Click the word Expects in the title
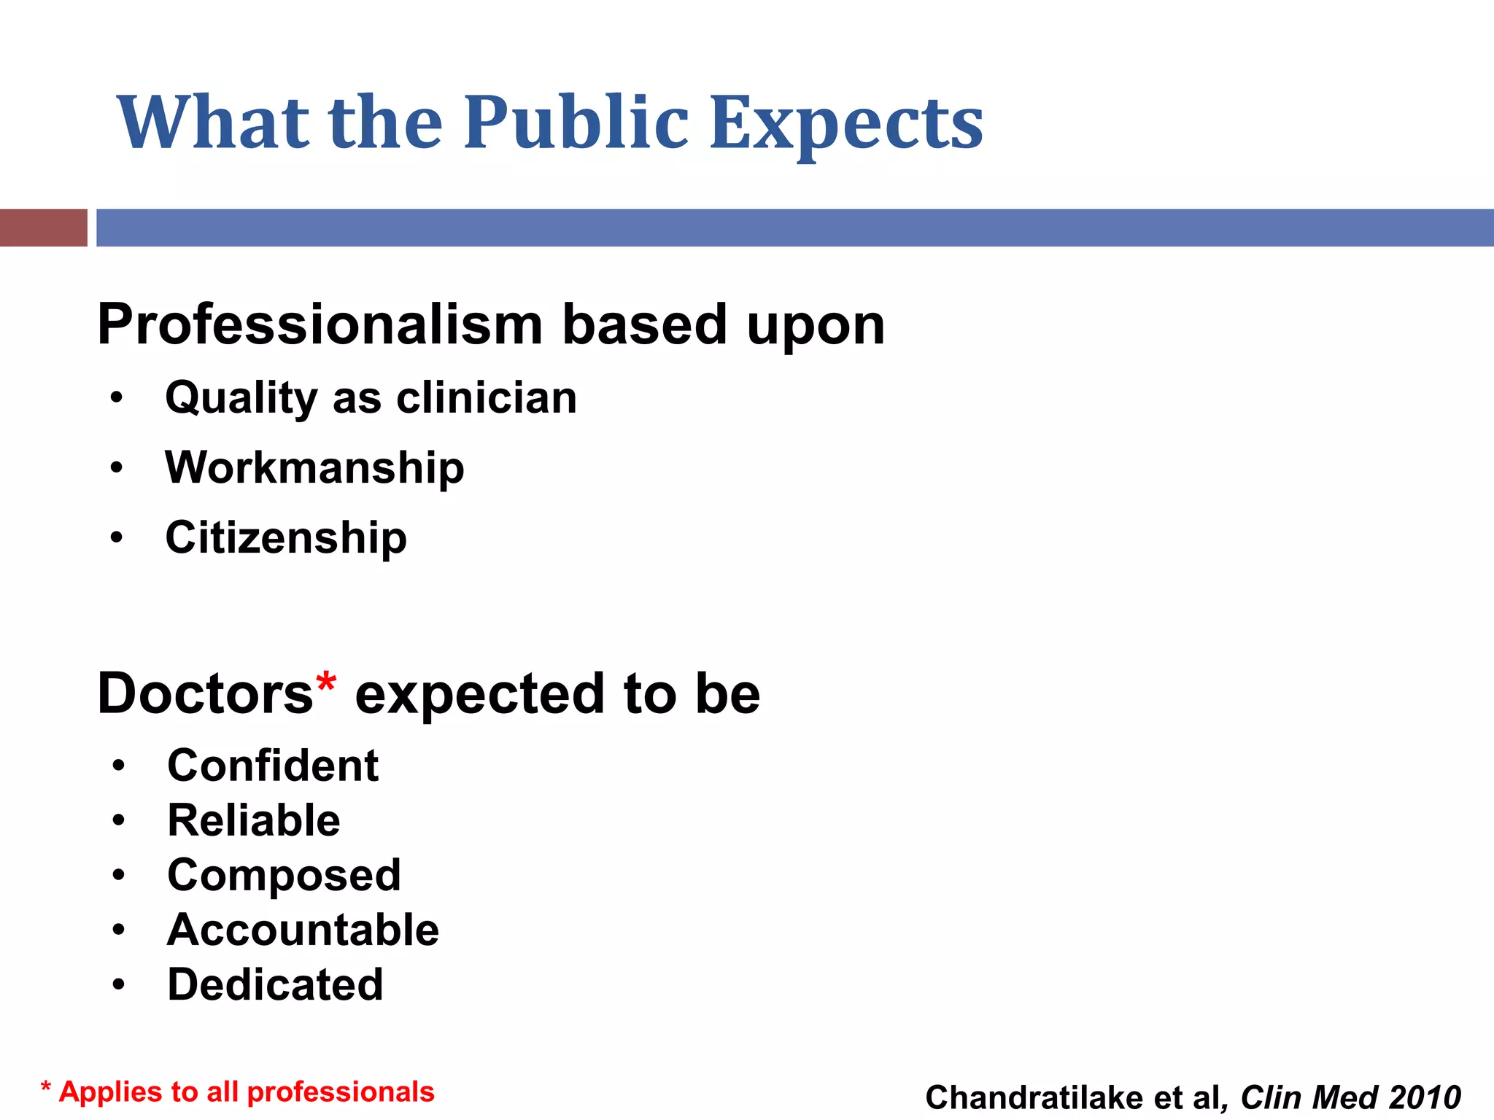click(x=846, y=124)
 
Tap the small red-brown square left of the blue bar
click(x=43, y=227)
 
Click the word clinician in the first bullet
click(x=487, y=398)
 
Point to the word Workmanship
click(x=314, y=468)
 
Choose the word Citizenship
click(x=286, y=538)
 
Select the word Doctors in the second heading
click(x=205, y=693)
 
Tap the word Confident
click(x=273, y=766)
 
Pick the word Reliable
click(x=254, y=820)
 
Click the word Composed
click(x=284, y=875)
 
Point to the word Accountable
click(x=303, y=930)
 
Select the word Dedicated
click(x=275, y=984)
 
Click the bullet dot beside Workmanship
click(x=117, y=467)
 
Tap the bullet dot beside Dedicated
click(x=119, y=985)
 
